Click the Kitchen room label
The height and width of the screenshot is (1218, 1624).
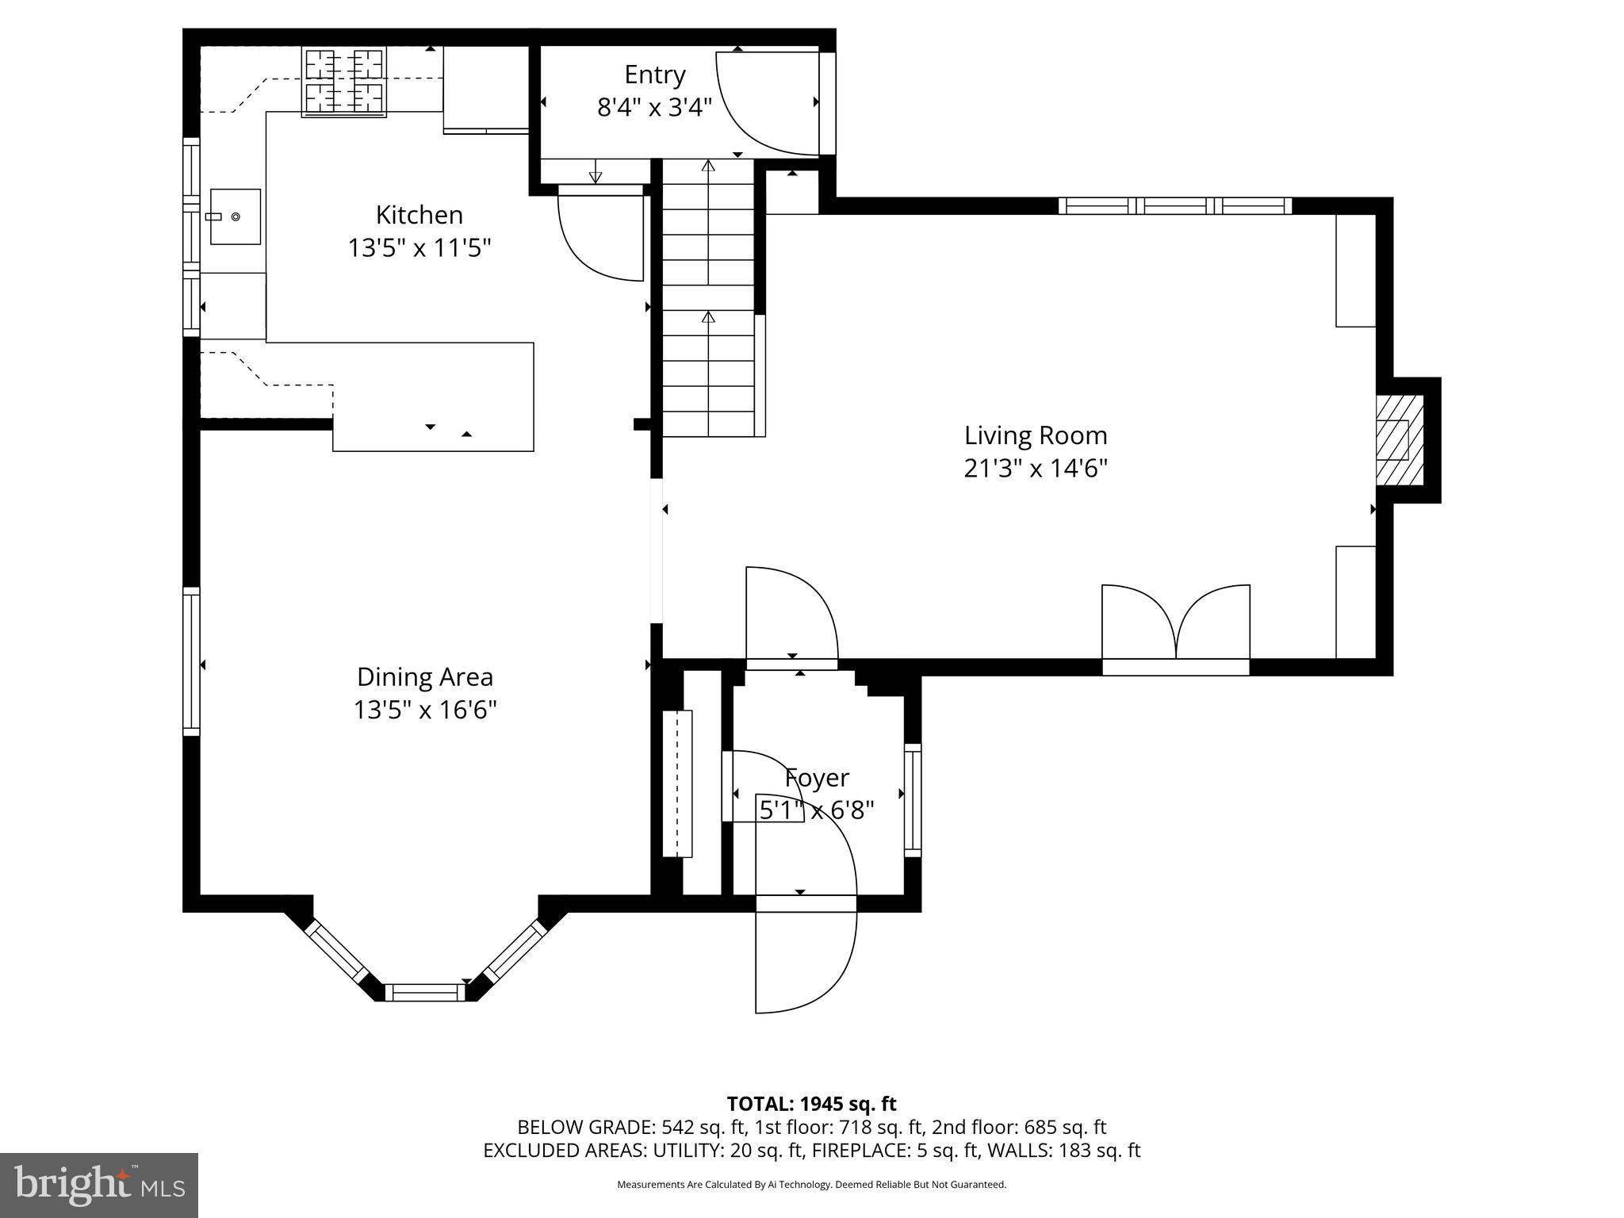[419, 215]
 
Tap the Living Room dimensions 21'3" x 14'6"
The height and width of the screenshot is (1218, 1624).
[1035, 469]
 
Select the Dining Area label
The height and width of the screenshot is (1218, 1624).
[424, 676]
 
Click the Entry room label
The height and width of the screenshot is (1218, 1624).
[654, 75]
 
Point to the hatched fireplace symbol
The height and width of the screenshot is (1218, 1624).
[1399, 440]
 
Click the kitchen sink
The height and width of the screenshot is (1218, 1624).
[235, 216]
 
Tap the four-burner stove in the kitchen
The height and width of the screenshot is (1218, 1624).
[344, 82]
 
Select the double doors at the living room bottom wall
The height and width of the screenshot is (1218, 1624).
[1176, 626]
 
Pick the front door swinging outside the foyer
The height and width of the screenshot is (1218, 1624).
[805, 959]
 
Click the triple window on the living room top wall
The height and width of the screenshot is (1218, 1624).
[1175, 206]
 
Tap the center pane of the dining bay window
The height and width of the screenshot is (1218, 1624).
[425, 991]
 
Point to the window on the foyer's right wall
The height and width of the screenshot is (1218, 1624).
[913, 799]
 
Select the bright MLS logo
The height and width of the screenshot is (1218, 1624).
[99, 1185]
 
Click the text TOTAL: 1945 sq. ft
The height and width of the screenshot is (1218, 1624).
[811, 1104]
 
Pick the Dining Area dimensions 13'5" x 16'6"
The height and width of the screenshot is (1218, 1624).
[424, 710]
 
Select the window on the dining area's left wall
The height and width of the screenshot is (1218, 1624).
[191, 660]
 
